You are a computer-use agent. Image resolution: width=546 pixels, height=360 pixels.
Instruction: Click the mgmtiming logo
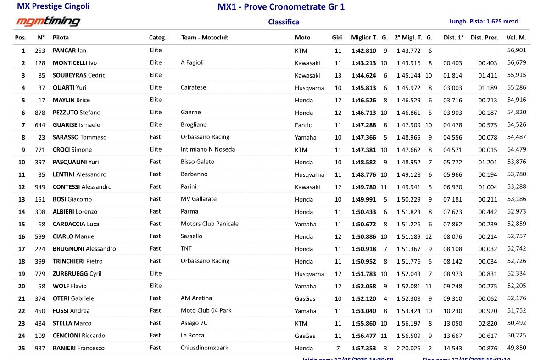[x=48, y=21]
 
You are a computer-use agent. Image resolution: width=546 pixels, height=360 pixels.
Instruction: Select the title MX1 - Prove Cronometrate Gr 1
[x=281, y=7]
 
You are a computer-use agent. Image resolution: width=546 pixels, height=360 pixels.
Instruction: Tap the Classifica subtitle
[x=284, y=22]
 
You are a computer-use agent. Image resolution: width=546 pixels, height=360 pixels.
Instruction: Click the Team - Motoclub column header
[x=205, y=38]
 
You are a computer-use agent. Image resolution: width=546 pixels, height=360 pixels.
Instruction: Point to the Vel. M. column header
[x=516, y=38]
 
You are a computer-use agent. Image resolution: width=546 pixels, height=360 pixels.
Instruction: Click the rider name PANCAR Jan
[x=69, y=51]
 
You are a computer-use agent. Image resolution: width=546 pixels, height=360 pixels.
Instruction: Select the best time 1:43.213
[x=364, y=63]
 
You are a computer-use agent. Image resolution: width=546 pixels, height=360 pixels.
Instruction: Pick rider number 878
[x=40, y=112]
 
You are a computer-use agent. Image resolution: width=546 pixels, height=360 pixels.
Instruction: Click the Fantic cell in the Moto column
[x=303, y=125]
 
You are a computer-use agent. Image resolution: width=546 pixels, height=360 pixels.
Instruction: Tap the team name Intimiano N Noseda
[x=208, y=149]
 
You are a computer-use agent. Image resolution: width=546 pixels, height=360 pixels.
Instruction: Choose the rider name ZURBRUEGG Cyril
[x=77, y=274]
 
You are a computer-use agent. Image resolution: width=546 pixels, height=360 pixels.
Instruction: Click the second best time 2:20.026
[x=408, y=348]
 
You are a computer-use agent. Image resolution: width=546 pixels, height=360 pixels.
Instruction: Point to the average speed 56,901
[x=517, y=51]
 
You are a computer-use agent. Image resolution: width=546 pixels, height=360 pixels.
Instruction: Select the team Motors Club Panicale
[x=210, y=224]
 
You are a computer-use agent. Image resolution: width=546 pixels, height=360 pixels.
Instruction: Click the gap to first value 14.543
[x=452, y=348]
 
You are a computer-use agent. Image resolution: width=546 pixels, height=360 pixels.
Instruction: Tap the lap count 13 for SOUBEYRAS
[x=338, y=75]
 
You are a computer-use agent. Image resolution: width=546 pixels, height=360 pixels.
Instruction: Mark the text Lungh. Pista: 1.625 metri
[x=484, y=21]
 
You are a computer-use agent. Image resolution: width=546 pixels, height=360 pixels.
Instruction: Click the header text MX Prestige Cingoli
[x=53, y=6]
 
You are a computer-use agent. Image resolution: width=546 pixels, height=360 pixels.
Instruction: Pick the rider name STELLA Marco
[x=72, y=323]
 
